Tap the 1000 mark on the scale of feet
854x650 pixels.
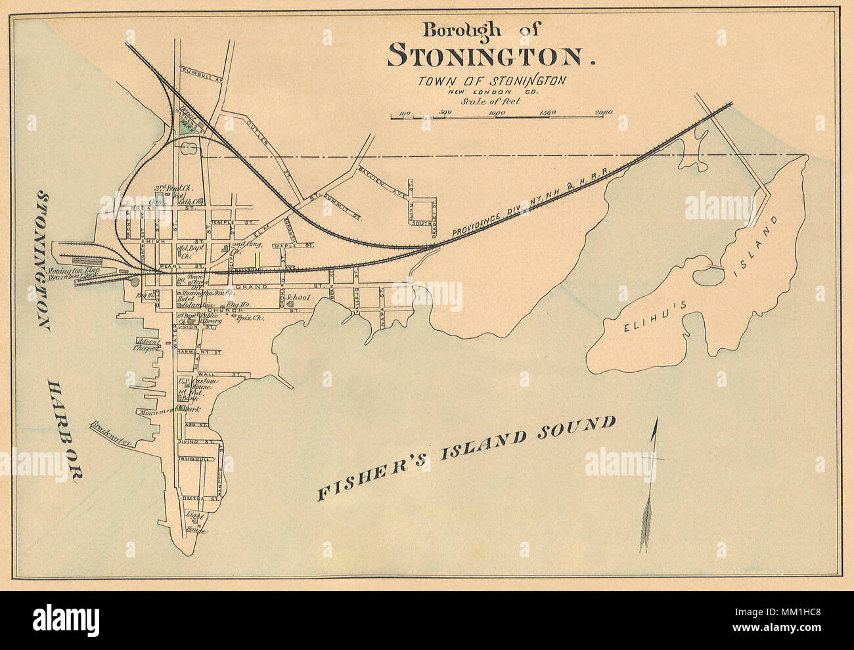coord(496,112)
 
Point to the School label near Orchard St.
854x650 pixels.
coord(298,298)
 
